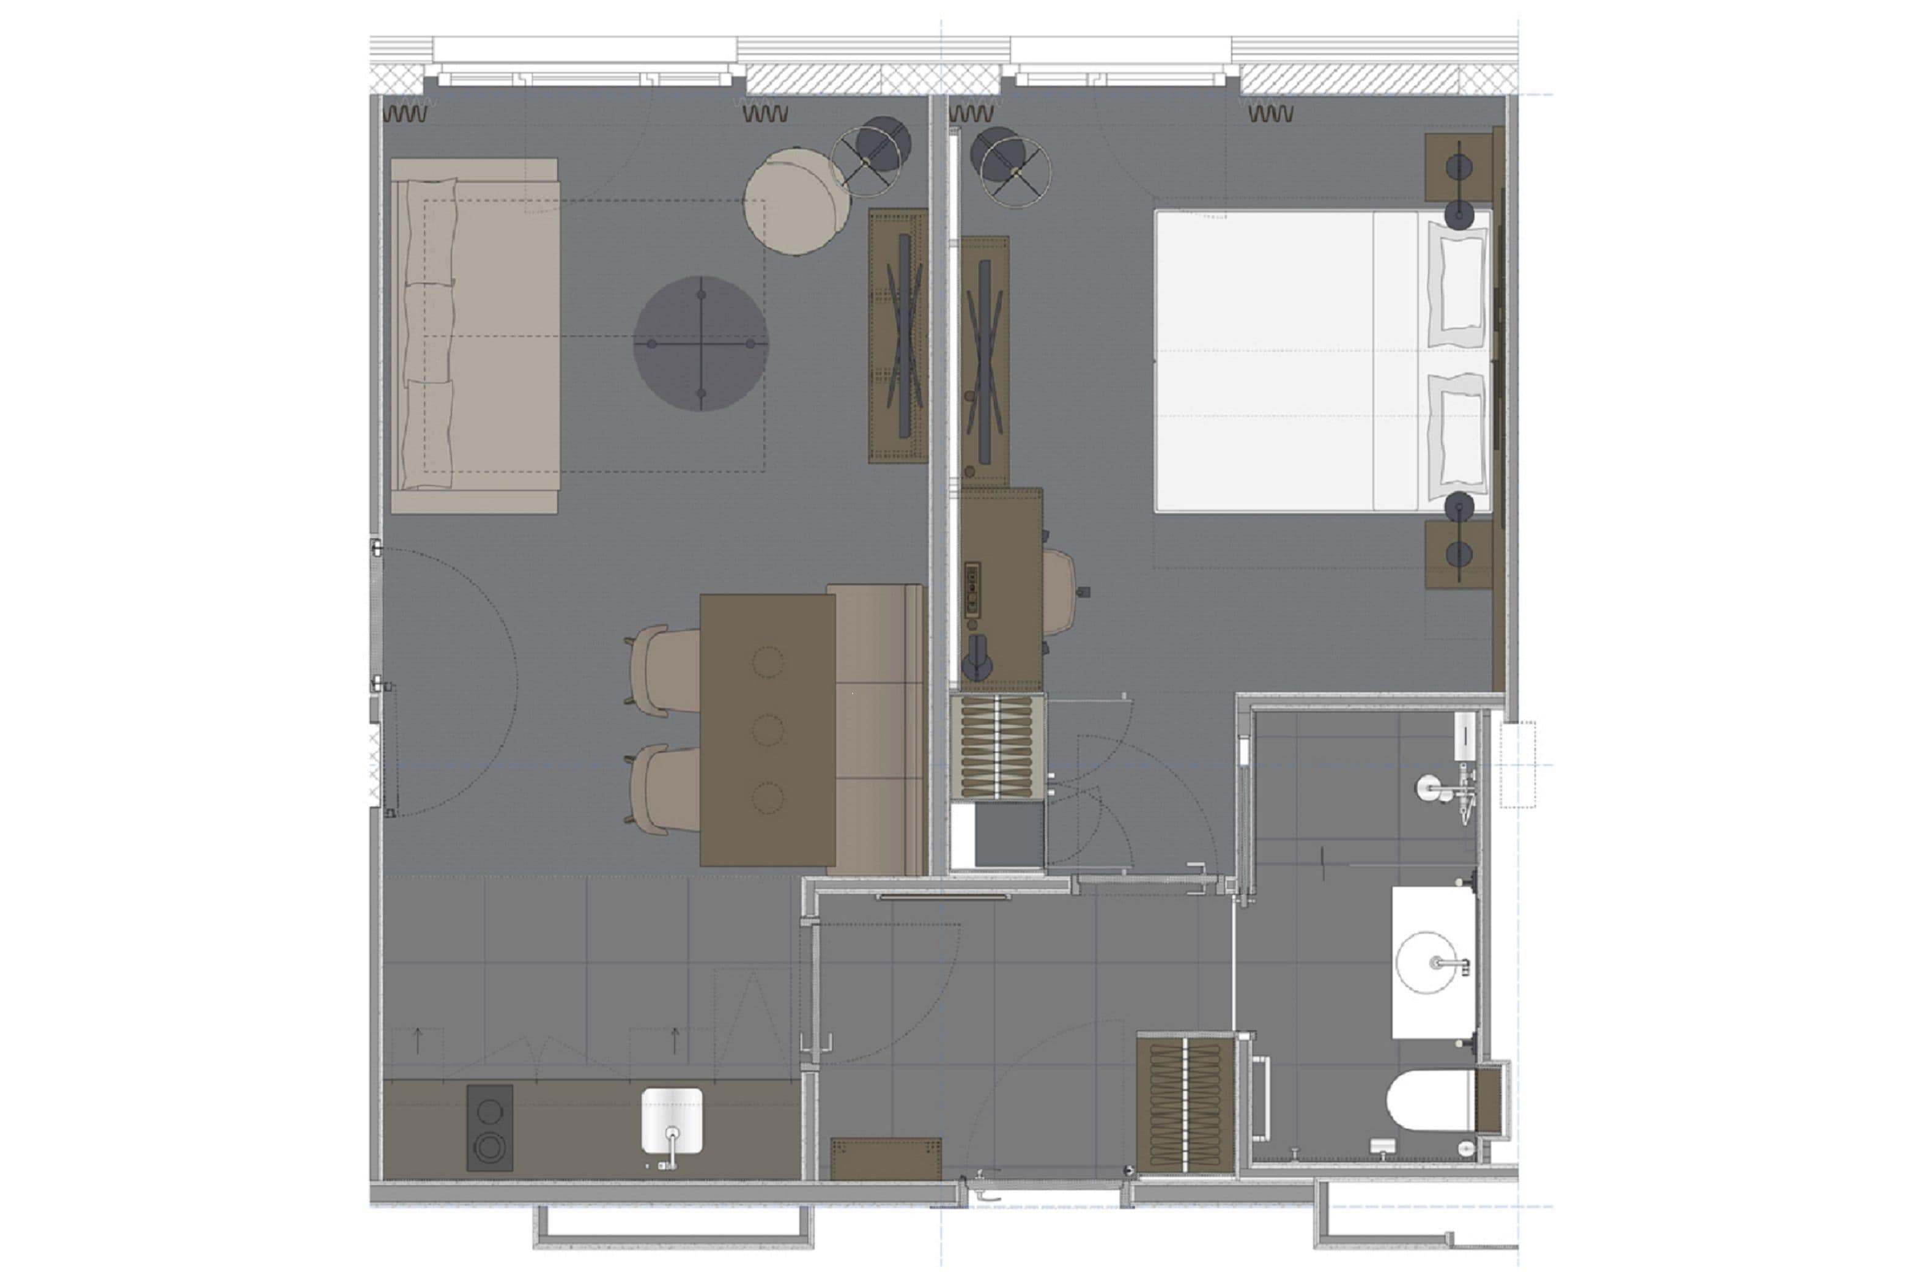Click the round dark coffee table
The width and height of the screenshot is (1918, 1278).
700,343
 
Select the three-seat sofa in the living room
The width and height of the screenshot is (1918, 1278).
475,336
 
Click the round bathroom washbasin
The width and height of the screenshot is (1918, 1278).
1426,962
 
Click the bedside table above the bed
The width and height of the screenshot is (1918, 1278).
1457,167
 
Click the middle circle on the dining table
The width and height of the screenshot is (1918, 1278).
767,730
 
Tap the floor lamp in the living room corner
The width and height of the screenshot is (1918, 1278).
869,153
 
